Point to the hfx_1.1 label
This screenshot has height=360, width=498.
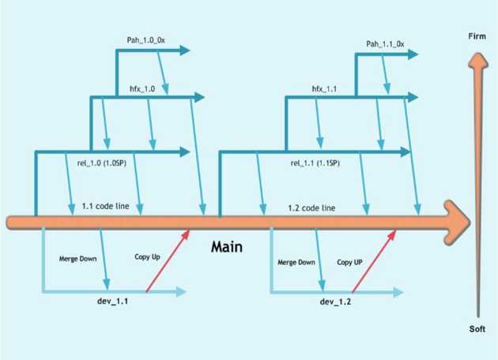tap(325, 90)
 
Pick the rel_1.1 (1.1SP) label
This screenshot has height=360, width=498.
tap(315, 164)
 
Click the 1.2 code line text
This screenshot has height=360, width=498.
tap(311, 207)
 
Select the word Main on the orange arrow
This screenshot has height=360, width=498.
tap(226, 247)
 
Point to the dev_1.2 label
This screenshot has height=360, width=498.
tap(336, 302)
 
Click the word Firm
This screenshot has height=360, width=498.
tap(477, 36)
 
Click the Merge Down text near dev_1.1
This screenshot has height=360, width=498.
tap(77, 259)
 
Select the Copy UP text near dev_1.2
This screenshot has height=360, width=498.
tap(349, 262)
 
